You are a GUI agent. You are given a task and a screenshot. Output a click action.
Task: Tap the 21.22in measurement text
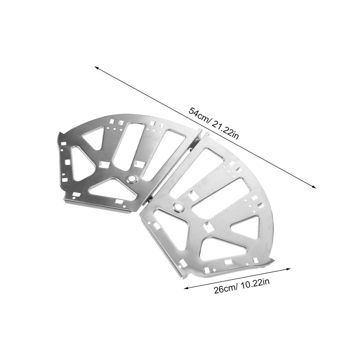point(226,130)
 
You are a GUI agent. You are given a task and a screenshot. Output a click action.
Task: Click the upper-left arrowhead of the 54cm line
point(97,67)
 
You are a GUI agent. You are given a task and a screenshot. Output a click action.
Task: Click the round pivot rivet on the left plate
point(132,179)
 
